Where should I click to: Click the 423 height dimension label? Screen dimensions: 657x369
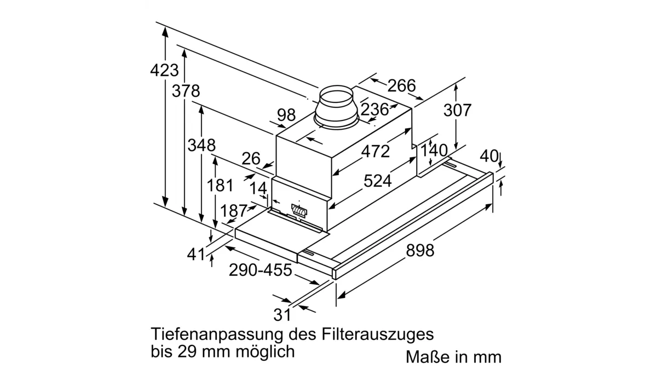coord(164,71)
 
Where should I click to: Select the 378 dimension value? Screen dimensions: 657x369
coord(186,91)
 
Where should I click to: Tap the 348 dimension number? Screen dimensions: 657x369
coord(201,145)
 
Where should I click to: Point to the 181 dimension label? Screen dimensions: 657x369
coord(220,186)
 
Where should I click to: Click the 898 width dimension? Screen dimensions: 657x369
coord(420,251)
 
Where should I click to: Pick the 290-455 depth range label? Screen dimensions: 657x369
coord(261,270)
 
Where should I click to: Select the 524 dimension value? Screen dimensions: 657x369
coord(377,181)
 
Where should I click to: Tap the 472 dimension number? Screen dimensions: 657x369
coord(376,152)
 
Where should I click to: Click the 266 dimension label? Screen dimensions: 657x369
coord(401,85)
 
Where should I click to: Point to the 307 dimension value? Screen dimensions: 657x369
coord(457,110)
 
